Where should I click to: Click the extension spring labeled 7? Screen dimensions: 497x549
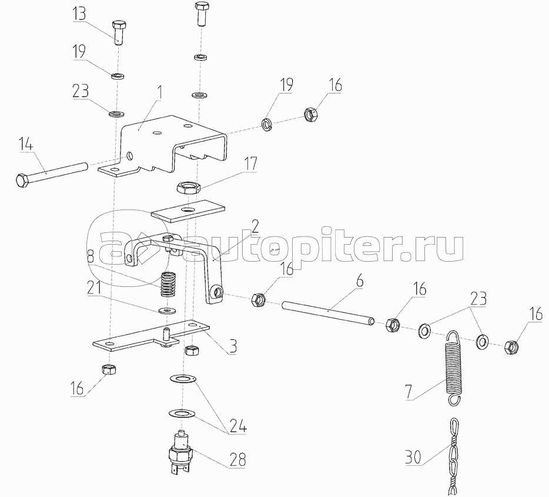coord(452,367)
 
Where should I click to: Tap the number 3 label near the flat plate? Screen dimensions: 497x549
coord(233,346)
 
